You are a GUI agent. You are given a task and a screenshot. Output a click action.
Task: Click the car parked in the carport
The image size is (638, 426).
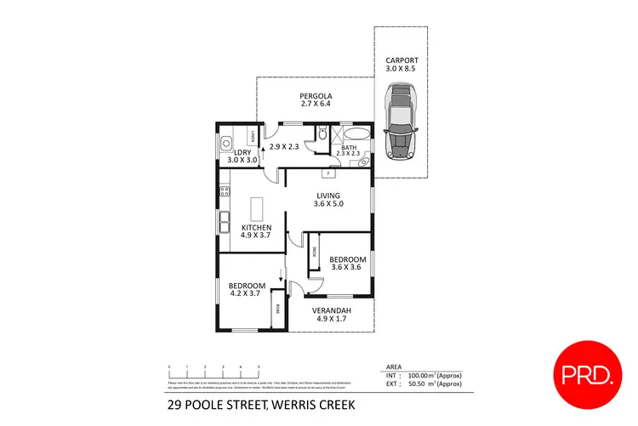tap(401, 121)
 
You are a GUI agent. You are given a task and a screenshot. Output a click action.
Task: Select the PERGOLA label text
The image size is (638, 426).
tap(315, 96)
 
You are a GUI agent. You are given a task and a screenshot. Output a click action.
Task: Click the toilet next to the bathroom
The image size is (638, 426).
tap(322, 134)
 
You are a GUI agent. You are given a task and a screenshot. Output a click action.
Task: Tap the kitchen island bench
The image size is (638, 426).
tap(256, 209)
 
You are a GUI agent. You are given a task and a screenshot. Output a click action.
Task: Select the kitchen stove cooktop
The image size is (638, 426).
tap(224, 191)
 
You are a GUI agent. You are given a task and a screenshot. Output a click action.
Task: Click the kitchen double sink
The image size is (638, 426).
tap(225, 224)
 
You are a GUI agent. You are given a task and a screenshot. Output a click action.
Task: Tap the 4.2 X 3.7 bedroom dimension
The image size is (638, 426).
tap(246, 293)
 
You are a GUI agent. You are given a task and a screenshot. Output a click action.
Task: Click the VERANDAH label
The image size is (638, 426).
tap(331, 310)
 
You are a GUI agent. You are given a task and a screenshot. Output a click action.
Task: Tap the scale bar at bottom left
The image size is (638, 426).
tap(214, 372)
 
